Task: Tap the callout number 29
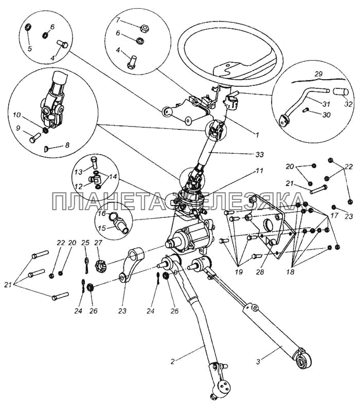319,74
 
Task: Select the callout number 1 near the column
257,135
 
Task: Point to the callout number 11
259,171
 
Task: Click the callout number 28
260,272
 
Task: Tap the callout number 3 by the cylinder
258,362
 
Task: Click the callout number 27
98,243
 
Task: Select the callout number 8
67,145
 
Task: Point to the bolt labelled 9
34,137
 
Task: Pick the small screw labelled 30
305,111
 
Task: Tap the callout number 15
102,228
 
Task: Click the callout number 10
17,115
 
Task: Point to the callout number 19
239,272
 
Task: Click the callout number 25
85,243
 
